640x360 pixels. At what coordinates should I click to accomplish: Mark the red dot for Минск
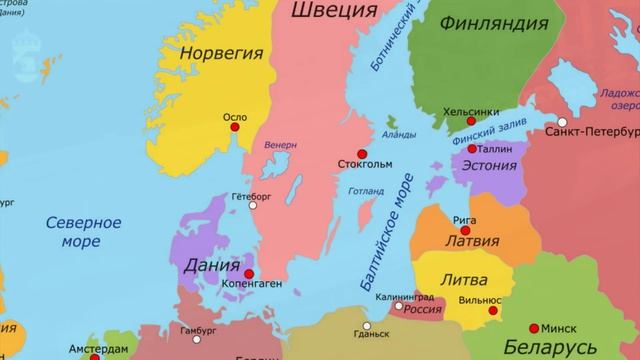click(x=534, y=327)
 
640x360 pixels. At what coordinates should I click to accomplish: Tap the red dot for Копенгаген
click(x=248, y=272)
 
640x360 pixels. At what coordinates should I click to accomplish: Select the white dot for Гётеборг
click(x=236, y=209)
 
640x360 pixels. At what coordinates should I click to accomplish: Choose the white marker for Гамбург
click(x=199, y=329)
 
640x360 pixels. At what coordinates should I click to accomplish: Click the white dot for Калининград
click(x=398, y=306)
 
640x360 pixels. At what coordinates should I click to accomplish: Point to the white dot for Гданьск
click(x=366, y=325)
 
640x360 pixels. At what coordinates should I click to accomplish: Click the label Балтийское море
click(x=383, y=241)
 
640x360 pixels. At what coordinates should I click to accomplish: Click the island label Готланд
click(x=367, y=191)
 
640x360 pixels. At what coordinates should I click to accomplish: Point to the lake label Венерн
click(x=281, y=145)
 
